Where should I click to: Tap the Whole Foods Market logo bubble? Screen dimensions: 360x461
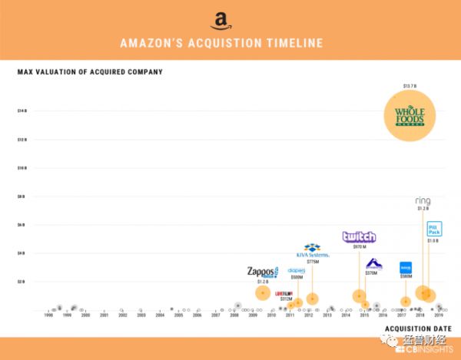tap(414, 116)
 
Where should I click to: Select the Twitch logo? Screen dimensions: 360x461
tap(359, 237)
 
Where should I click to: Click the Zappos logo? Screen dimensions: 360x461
tap(262, 272)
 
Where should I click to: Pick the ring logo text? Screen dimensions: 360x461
tap(423, 201)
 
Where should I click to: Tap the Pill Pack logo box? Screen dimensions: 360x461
tap(434, 229)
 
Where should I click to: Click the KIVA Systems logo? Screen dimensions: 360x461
tap(312, 251)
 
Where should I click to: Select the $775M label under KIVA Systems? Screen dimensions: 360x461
tap(312, 262)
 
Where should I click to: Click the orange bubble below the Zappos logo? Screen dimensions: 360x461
tap(263, 292)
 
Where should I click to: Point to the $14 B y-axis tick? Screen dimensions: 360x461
tap(22, 111)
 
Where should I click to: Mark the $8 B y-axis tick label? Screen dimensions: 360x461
tap(22, 197)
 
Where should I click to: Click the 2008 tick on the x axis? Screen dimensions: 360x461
tap(234, 315)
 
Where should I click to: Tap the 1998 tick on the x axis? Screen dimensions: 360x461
tap(48, 315)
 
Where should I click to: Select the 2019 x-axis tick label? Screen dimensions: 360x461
tap(439, 315)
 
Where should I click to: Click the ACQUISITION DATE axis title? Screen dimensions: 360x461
tap(418, 329)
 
